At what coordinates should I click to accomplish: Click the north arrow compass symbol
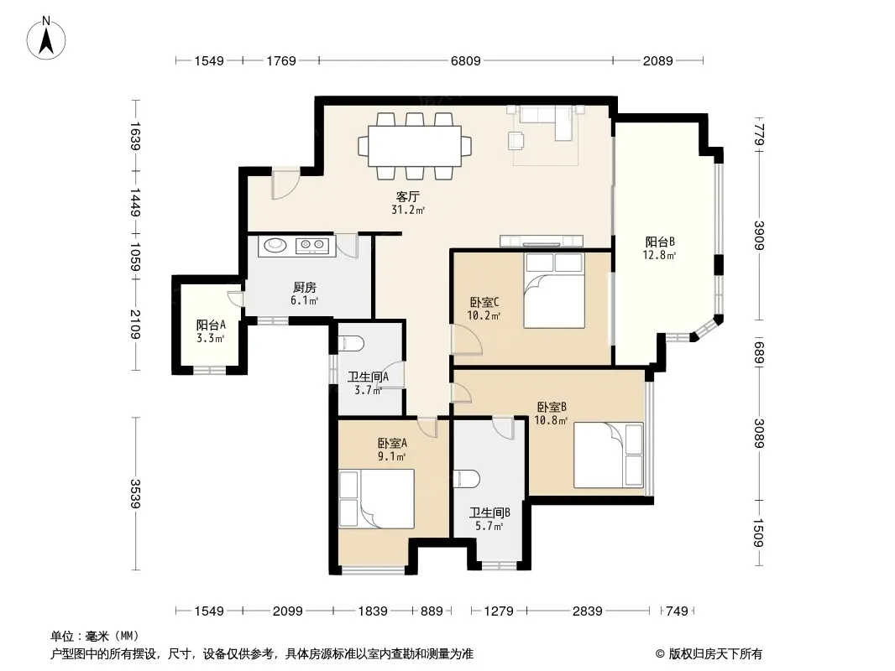click(46, 38)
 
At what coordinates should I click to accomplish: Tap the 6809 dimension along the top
click(466, 60)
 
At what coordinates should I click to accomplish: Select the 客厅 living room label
click(407, 196)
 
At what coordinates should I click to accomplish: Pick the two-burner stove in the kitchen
click(311, 246)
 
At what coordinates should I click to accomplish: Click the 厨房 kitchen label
click(304, 288)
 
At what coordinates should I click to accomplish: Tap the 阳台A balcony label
click(211, 325)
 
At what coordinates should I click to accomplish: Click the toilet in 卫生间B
click(466, 479)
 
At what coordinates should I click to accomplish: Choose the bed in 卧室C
click(554, 291)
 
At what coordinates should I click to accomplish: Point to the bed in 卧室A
click(376, 499)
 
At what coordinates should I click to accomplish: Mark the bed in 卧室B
click(609, 455)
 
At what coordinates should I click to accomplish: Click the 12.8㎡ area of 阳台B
click(659, 256)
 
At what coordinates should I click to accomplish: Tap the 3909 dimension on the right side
click(759, 235)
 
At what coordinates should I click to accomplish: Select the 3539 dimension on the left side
click(135, 494)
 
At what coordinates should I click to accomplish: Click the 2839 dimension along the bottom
click(588, 611)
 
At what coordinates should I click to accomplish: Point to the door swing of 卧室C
click(466, 340)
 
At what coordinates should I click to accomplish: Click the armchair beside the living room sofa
click(516, 140)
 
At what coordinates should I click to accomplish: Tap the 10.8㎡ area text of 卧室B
click(551, 421)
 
